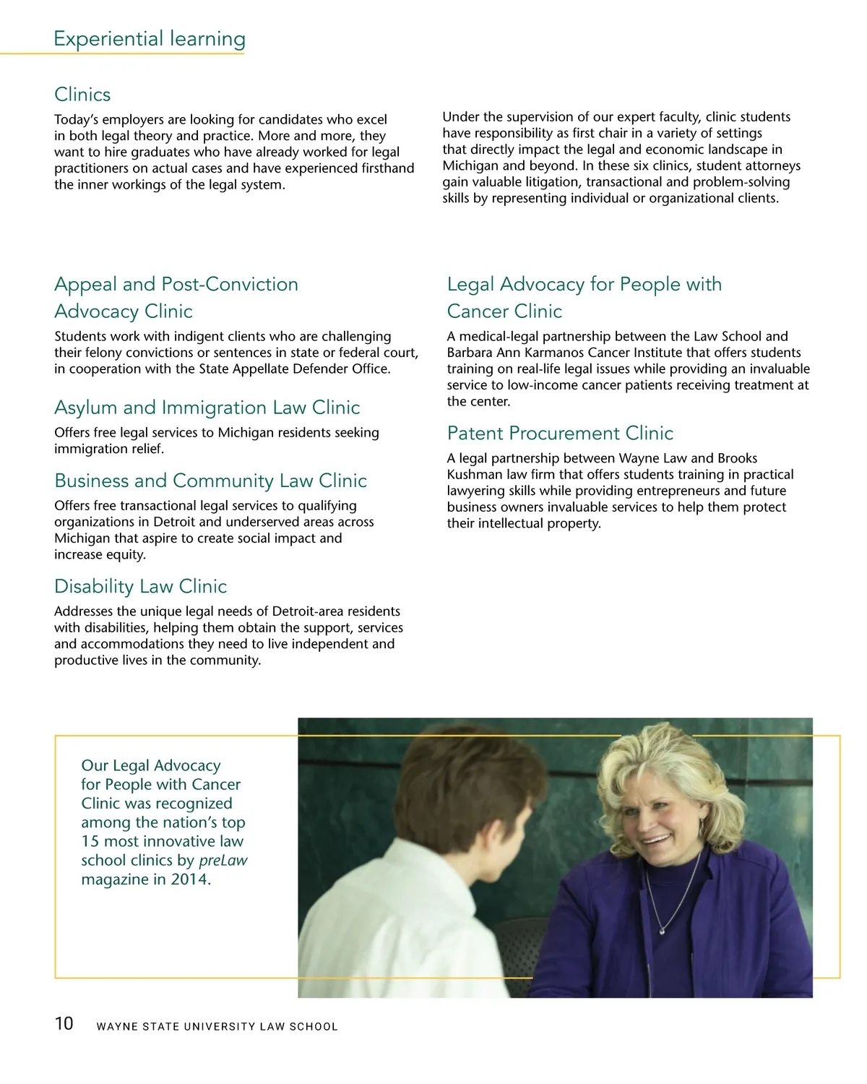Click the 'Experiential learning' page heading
[x=150, y=38]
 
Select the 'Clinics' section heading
[x=82, y=95]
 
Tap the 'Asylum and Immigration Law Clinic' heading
[x=207, y=408]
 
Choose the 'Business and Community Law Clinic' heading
[x=210, y=481]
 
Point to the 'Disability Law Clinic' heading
[x=140, y=586]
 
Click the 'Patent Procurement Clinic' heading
[x=560, y=433]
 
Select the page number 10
[x=64, y=1023]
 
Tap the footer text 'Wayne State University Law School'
[x=217, y=1026]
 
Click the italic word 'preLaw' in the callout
[x=223, y=861]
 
